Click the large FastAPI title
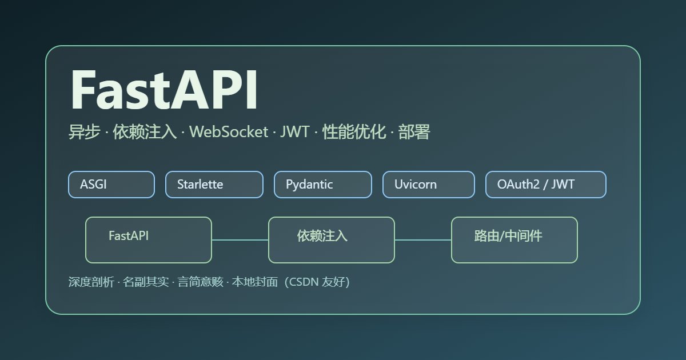pyautogui.click(x=164, y=90)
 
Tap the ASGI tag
pyautogui.click(x=111, y=185)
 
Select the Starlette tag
pyautogui.click(x=214, y=185)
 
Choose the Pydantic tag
pyautogui.click(x=322, y=185)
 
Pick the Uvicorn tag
pyautogui.click(x=428, y=185)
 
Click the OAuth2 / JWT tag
pyautogui.click(x=545, y=185)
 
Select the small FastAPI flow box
pyautogui.click(x=149, y=240)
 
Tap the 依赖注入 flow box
pyautogui.click(x=332, y=240)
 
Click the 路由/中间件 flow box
pyautogui.click(x=514, y=240)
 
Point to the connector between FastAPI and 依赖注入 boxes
pyautogui.click(x=240, y=240)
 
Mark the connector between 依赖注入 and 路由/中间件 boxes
pyautogui.click(x=423, y=240)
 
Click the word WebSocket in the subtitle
pyautogui.click(x=229, y=133)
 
